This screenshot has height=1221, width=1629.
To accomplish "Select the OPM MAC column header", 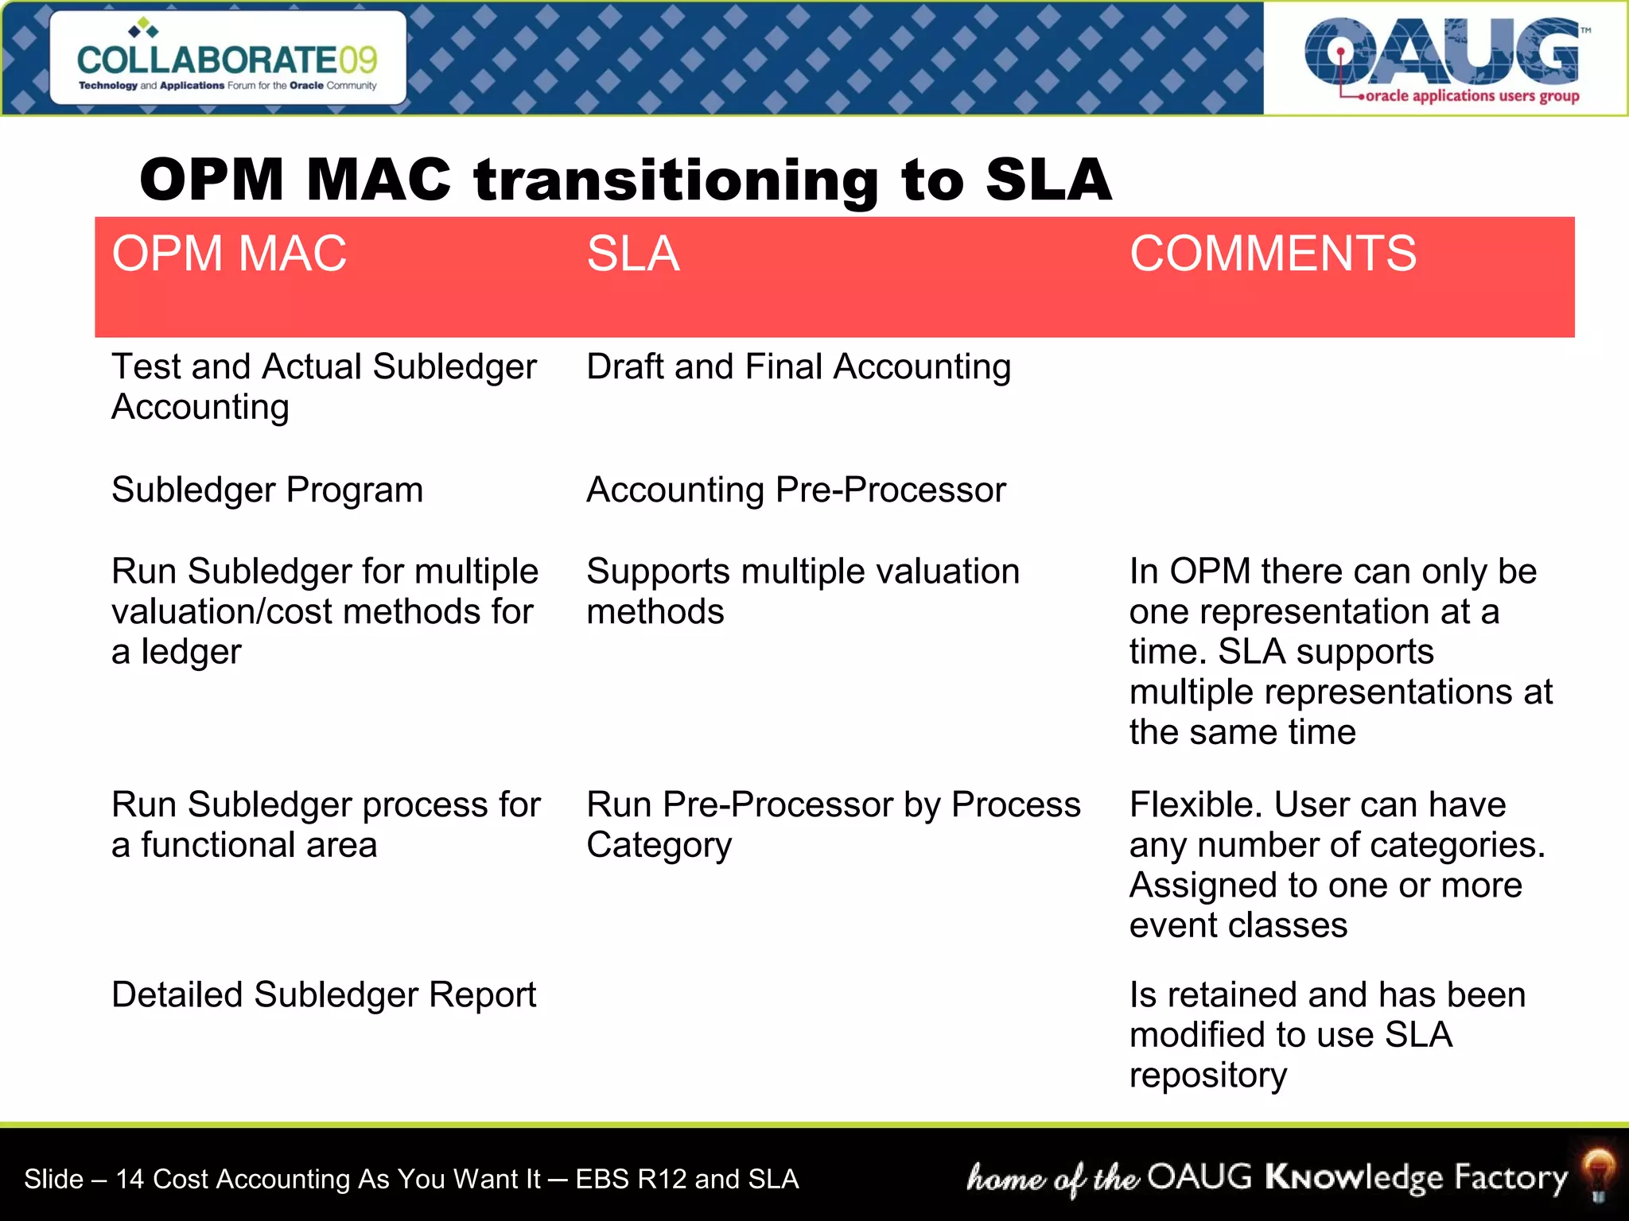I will click(229, 254).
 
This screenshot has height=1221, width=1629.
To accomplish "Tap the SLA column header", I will click(633, 254).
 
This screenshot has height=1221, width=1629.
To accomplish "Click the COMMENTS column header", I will click(1273, 254).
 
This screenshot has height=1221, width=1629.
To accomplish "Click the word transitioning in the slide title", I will click(676, 180).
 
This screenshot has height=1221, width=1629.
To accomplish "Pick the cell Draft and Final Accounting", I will click(798, 367).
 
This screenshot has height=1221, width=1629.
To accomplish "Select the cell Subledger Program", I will click(267, 490).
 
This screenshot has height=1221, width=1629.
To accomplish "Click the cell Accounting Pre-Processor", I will click(796, 490).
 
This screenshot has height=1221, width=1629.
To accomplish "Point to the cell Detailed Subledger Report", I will click(324, 995).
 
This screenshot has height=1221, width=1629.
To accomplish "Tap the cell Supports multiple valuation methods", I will click(802, 591).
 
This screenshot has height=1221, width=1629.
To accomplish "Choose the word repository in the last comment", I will click(1207, 1076).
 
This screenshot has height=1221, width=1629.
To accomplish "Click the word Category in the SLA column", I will click(659, 846).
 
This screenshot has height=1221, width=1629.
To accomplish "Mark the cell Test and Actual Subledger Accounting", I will click(324, 387).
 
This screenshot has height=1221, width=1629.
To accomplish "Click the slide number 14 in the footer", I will click(130, 1179).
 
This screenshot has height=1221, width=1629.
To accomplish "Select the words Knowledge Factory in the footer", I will click(1416, 1177).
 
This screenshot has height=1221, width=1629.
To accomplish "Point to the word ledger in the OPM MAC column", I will click(191, 653).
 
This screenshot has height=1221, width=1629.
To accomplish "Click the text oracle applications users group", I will click(1472, 96).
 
